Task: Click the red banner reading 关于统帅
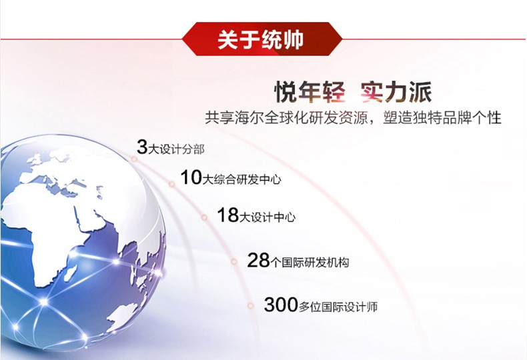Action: point(262,39)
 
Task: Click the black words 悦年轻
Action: point(310,92)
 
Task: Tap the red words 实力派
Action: point(396,92)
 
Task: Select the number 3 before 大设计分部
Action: point(142,147)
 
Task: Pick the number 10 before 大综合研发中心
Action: point(191,177)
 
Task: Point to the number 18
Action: point(228,215)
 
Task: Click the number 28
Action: point(258,260)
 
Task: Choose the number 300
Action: point(281,305)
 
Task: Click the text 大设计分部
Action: point(176,149)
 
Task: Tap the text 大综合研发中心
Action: point(241,179)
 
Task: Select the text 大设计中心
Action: point(268,217)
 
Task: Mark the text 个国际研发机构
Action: point(310,262)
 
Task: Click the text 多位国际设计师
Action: point(338,307)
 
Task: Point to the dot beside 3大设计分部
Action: point(134,159)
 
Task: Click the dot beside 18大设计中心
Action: point(204,217)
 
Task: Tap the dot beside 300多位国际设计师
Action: point(250,305)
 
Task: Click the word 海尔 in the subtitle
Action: point(241,118)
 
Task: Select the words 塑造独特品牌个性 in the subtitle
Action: point(442,118)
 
